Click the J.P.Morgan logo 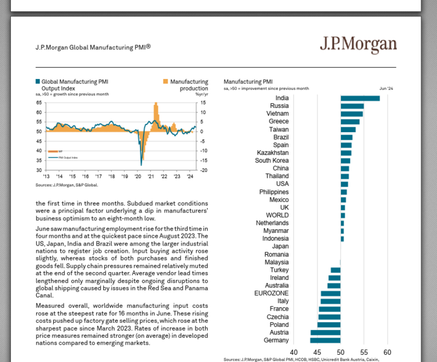pos(358,45)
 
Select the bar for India pos(360,98)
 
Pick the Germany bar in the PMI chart pos(325,340)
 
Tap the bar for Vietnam pos(351,113)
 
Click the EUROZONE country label pos(271,293)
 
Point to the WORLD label pos(277,215)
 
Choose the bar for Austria pos(325,332)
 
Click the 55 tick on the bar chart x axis pos(364,352)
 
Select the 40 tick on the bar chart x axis pos(294,352)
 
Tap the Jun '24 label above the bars pos(386,89)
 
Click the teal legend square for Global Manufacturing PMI pos(38,81)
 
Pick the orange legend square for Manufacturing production pos(165,81)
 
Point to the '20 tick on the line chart pos(138,177)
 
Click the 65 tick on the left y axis pos(39,103)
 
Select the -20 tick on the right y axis pos(204,170)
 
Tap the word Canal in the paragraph pos(45,295)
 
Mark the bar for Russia pos(352,106)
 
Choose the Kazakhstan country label pos(272,153)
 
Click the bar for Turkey pos(336,270)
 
